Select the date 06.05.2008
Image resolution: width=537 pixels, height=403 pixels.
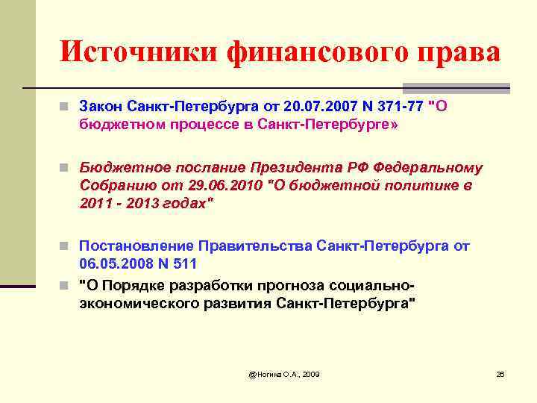tap(113, 263)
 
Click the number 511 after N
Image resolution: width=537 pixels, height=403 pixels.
tap(186, 263)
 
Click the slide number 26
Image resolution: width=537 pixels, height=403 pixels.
tap(500, 372)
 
